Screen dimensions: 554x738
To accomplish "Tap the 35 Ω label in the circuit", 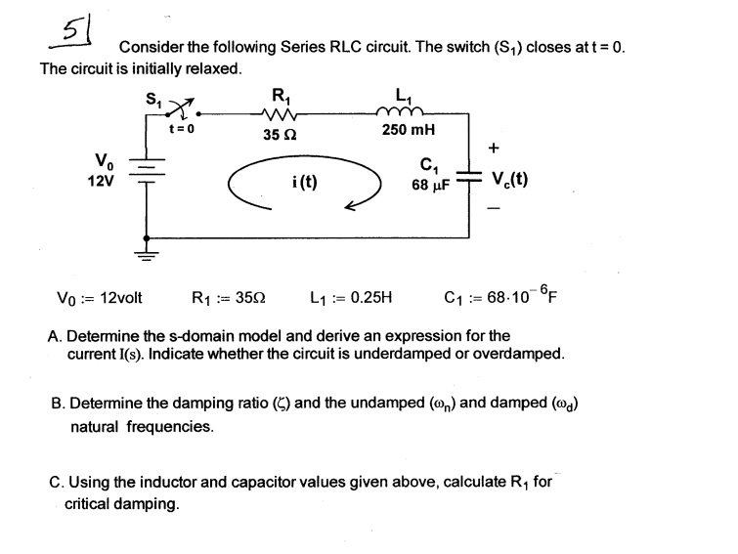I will (280, 135).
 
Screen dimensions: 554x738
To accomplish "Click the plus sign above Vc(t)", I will (495, 148).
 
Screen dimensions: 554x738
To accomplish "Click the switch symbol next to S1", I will (179, 106).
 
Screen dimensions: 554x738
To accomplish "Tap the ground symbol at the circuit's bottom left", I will (148, 256).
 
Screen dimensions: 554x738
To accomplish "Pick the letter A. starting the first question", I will (55, 336).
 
